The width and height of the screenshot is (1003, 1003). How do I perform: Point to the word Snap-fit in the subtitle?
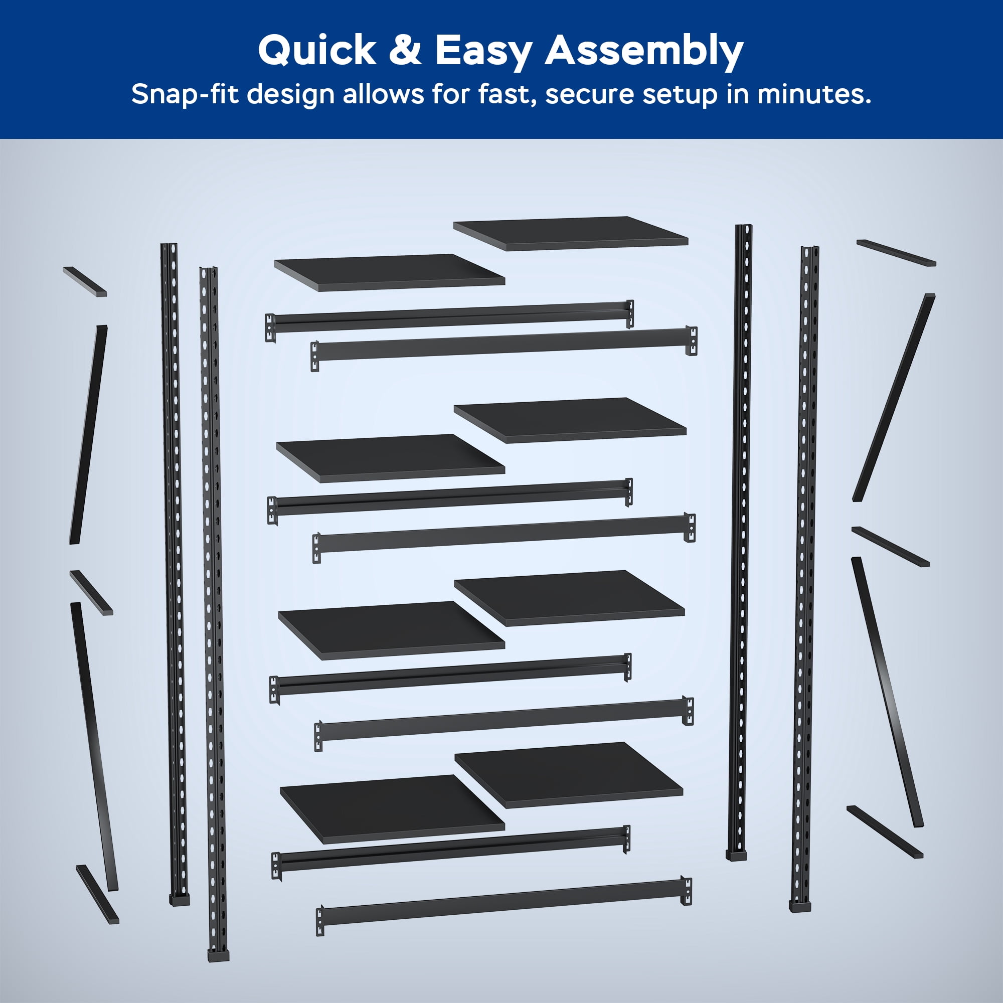[x=186, y=95]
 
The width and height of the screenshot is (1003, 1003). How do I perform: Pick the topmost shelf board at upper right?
[x=571, y=234]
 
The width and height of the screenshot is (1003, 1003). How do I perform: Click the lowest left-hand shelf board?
[x=392, y=816]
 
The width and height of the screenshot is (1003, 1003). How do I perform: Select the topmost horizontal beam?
[x=449, y=321]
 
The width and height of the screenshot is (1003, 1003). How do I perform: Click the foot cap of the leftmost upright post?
[x=180, y=900]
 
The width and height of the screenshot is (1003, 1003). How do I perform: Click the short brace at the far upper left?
[x=85, y=282]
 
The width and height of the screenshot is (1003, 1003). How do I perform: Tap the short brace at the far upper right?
[x=896, y=253]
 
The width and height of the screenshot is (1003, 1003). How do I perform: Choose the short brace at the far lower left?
[x=98, y=894]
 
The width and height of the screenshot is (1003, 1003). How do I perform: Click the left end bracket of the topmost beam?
[x=270, y=327]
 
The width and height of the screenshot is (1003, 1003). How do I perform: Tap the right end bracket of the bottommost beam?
[x=687, y=891]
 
